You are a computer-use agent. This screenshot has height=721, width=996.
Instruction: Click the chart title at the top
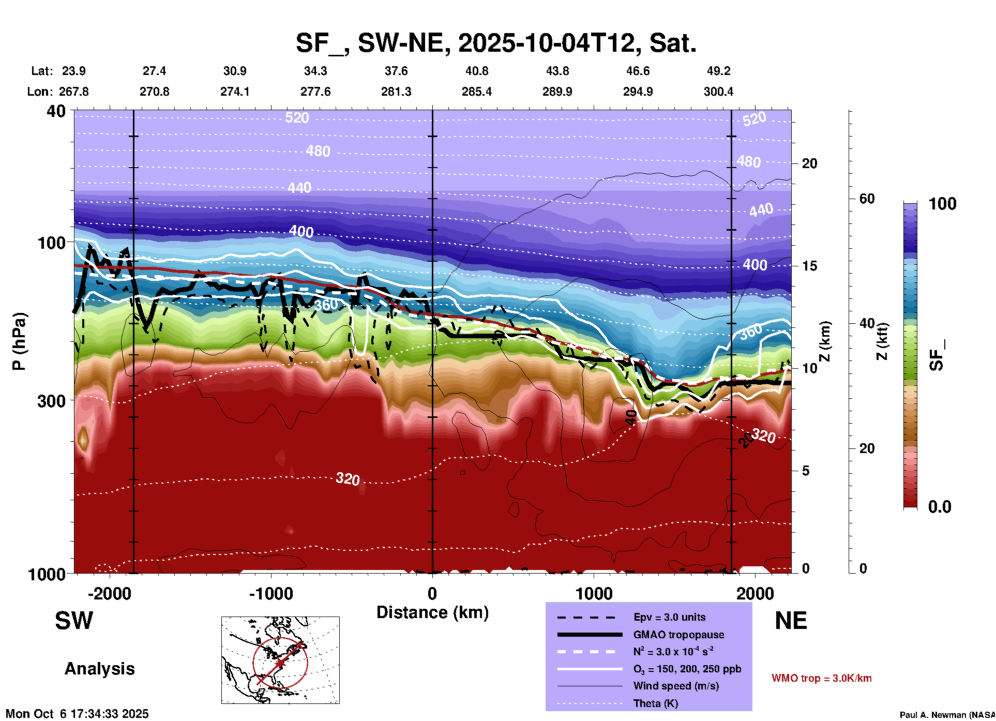point(496,42)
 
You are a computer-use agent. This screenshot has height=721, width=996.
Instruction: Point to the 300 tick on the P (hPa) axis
point(52,401)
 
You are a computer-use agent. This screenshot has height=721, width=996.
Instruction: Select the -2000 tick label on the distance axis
point(110,593)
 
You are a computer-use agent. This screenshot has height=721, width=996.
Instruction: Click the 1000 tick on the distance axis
point(593,593)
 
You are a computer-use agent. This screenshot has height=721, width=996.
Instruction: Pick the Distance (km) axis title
point(432,612)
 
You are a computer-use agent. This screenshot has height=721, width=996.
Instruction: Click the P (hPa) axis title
point(19,341)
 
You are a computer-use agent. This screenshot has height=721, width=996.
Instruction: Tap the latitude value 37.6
point(396,71)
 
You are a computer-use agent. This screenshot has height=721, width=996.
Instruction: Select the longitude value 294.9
point(638,92)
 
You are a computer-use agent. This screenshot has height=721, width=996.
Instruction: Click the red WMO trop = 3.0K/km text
point(821,678)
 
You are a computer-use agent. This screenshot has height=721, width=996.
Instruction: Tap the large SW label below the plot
point(74,621)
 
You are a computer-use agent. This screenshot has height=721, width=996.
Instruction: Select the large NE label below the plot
point(791,621)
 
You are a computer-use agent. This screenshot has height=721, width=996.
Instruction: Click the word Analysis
point(99,669)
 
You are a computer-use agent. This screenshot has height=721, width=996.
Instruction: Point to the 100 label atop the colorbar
point(942,204)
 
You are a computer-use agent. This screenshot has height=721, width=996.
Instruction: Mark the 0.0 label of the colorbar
point(940,507)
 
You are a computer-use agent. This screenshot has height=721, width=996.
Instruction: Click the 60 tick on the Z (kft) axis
point(867,199)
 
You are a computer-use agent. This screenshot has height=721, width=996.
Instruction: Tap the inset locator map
point(280,659)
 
